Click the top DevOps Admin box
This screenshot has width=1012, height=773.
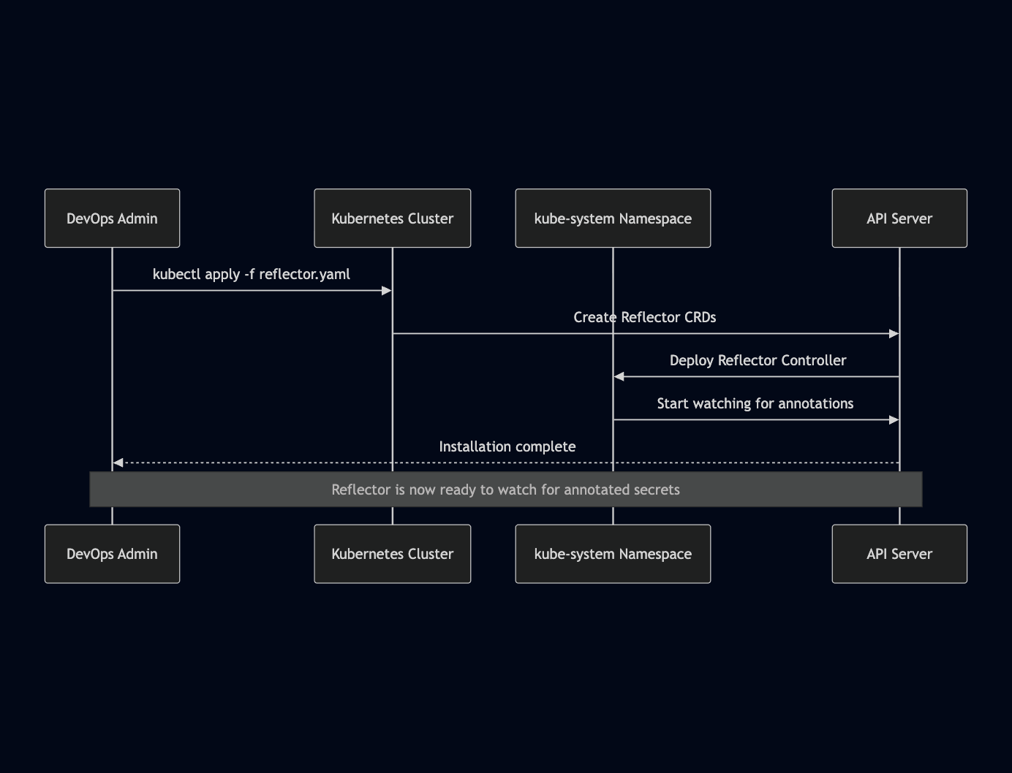tap(112, 218)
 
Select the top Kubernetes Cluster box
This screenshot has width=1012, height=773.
tap(392, 218)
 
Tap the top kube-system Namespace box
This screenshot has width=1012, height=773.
tap(613, 218)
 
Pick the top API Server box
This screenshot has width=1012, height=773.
tap(899, 218)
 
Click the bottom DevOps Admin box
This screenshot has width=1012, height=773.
tap(112, 554)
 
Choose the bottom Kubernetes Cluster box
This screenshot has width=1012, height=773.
tap(392, 554)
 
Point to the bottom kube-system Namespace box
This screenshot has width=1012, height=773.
tap(613, 554)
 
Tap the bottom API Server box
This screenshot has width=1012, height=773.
tap(899, 554)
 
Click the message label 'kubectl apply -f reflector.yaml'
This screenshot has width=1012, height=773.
tap(251, 275)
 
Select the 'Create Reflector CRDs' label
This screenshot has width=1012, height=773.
tap(644, 318)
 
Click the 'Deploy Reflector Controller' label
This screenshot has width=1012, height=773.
tap(758, 361)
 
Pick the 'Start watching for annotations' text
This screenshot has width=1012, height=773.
tap(755, 404)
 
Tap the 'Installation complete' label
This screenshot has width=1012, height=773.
tap(507, 447)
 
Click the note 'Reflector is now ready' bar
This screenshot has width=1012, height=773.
tap(505, 490)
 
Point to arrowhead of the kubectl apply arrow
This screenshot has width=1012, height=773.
tap(387, 291)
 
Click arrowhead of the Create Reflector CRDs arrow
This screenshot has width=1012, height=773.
tap(894, 334)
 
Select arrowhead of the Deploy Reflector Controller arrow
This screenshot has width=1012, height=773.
tap(619, 377)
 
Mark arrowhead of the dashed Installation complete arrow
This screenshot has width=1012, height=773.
tap(118, 462)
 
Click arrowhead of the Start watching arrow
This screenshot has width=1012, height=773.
tap(894, 420)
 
